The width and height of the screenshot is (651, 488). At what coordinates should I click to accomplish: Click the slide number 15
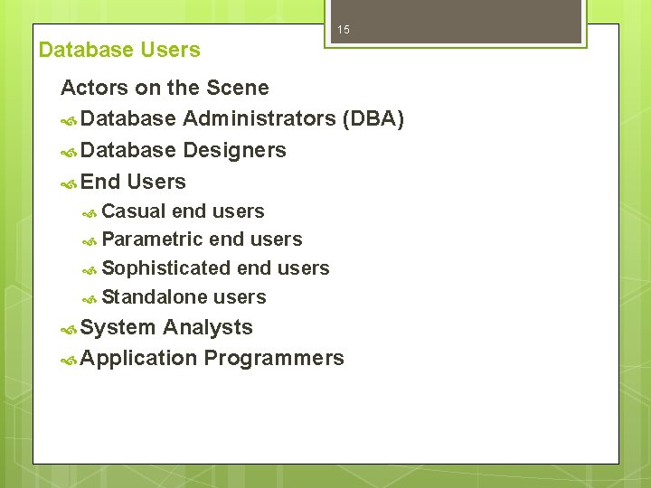[x=344, y=31]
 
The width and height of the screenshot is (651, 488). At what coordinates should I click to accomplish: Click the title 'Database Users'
[x=119, y=50]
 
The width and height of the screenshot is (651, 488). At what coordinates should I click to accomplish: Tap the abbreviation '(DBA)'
[x=373, y=119]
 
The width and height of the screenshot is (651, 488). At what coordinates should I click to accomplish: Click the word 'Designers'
[x=234, y=150]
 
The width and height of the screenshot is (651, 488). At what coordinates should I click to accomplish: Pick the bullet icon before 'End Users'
[x=69, y=183]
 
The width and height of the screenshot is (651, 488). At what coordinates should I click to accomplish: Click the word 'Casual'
[x=134, y=211]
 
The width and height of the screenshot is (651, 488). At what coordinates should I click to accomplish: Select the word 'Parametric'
[x=152, y=239]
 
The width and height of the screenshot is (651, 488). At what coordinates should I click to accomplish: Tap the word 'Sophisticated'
[x=166, y=268]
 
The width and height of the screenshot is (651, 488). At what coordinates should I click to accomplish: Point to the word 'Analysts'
[x=208, y=327]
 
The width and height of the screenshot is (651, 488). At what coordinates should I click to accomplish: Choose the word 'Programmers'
[x=274, y=358]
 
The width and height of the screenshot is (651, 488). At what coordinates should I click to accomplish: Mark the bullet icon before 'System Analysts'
[x=69, y=328]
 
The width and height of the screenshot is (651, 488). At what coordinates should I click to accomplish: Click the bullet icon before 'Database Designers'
[x=69, y=151]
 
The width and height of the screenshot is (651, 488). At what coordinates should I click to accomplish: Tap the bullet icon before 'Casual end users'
[x=90, y=212]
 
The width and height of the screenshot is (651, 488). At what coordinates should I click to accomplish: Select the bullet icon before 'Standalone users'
[x=90, y=298]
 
